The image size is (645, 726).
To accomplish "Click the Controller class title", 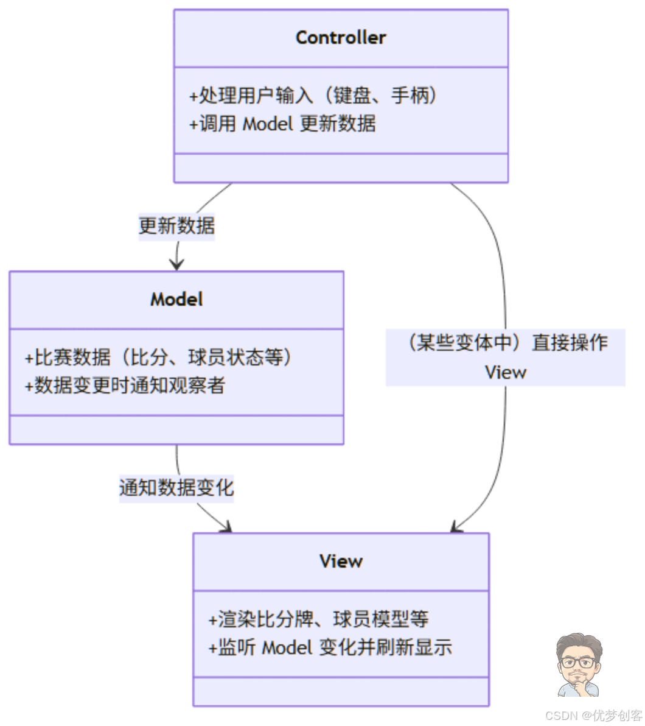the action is coord(341,38).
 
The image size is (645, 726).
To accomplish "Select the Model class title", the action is coord(176,299).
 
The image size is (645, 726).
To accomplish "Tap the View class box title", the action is coord(341,561).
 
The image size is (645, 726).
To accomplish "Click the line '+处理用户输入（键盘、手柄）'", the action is coord(313,96).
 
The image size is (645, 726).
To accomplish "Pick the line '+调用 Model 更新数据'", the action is coord(282,124).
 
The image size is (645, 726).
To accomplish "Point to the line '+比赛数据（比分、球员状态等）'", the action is coord(158,357).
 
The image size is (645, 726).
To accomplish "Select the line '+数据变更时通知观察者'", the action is coord(125,385).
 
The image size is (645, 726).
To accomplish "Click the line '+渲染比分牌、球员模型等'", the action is coord(319,619).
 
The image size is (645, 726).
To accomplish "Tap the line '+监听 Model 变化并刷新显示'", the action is coord(330,647).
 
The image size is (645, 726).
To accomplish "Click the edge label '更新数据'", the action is coord(176,226).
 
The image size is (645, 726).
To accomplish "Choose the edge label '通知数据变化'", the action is coord(176,487).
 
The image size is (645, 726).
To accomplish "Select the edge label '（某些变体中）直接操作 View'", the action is coord(506,357).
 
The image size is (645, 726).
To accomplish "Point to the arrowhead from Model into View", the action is coord(226,527).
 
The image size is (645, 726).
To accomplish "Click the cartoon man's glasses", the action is coord(579,662).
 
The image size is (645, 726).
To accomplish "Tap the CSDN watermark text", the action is coord(593,716).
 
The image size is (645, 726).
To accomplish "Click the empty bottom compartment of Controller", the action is coord(341,168).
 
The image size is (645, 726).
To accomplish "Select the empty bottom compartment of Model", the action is coord(176,429).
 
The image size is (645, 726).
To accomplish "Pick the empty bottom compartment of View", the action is coord(341,692).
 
